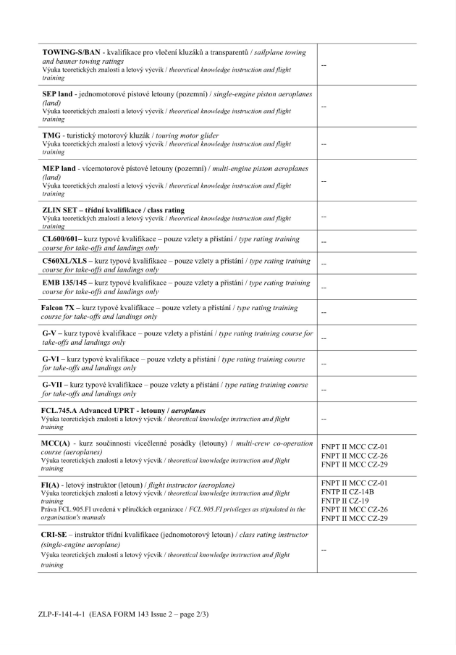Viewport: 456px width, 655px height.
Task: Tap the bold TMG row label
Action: (53, 136)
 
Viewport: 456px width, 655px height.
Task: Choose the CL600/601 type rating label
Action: (62, 238)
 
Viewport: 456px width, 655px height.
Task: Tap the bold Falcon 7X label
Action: (59, 308)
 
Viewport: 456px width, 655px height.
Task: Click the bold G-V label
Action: (50, 333)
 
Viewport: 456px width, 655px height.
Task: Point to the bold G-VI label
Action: (51, 359)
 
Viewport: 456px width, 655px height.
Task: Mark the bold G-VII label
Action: (53, 385)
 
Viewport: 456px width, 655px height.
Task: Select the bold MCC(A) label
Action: (57, 443)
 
